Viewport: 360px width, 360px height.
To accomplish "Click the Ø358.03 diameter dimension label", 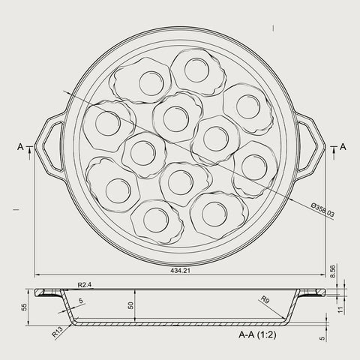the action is coord(322,210).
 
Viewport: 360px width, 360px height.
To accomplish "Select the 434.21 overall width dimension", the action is coord(180,271).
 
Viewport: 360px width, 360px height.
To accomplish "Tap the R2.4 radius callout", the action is coord(85,285).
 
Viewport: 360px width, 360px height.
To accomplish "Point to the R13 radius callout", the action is coord(58,331).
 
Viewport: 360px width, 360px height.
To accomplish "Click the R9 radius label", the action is coord(265,299).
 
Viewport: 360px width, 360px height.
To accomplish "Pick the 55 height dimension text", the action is coord(23,307).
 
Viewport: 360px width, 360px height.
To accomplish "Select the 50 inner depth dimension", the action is coord(130,305).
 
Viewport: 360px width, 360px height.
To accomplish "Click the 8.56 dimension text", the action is coord(333,271).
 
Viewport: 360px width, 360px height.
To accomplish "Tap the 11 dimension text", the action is coord(340,310).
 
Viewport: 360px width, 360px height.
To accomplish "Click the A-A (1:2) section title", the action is coord(257,334).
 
